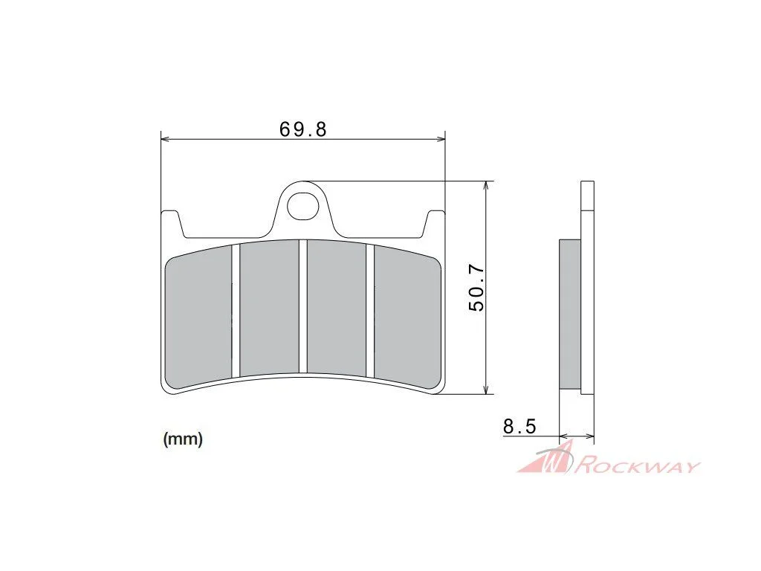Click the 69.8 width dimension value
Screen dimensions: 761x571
pos(303,129)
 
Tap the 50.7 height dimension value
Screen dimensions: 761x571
pos(476,288)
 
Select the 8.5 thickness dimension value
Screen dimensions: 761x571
pos(519,426)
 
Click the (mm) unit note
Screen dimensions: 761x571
pos(183,439)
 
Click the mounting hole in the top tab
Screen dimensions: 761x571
pos(303,207)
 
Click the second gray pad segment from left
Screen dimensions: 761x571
pos(269,308)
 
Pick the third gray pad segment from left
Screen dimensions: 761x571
pos(337,308)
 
